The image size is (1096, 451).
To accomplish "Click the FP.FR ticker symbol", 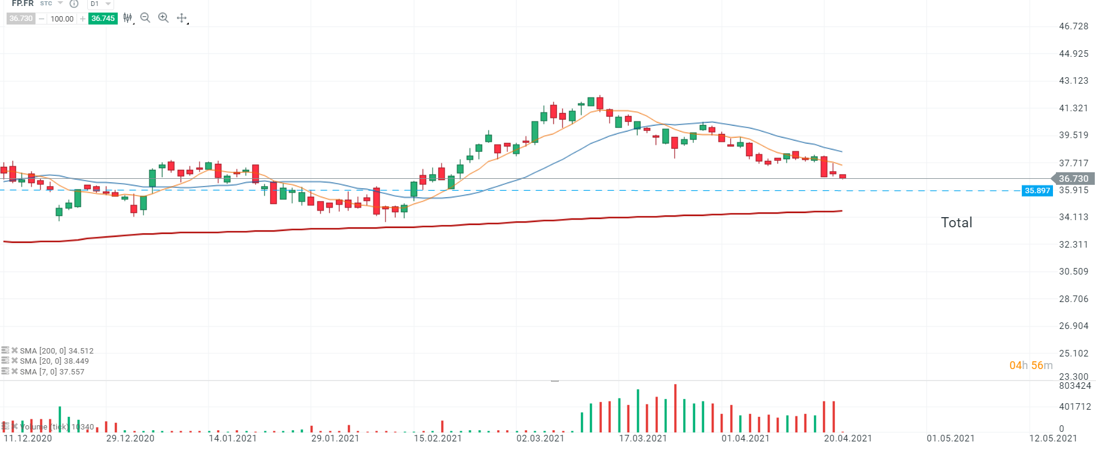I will coord(23,4).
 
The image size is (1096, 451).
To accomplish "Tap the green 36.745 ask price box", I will coord(103,19).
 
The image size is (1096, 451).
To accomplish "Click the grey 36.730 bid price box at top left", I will coord(21,19).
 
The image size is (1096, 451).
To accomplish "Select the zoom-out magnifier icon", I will coord(145,18).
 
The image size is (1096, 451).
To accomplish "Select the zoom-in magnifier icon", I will coord(163,18).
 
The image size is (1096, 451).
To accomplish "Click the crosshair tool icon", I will coord(182,18).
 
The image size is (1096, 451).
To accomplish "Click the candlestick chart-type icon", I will coord(127,18).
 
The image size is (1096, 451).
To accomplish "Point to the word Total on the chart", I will coord(956,223).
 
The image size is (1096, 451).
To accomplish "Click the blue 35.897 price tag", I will coord(1037,191).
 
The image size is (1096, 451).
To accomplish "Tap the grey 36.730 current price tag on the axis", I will coord(1073,179).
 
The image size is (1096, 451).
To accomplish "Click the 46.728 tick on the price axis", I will coord(1073,26).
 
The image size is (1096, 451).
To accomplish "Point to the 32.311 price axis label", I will coord(1073,245).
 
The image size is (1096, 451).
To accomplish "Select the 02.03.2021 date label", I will coord(540,438).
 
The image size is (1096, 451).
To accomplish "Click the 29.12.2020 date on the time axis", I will coord(130,438).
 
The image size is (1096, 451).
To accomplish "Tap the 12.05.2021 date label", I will coord(1053,438).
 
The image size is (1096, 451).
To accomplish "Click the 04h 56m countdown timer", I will coord(1031,365).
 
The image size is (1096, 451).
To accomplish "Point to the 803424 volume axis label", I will coord(1074,386).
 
